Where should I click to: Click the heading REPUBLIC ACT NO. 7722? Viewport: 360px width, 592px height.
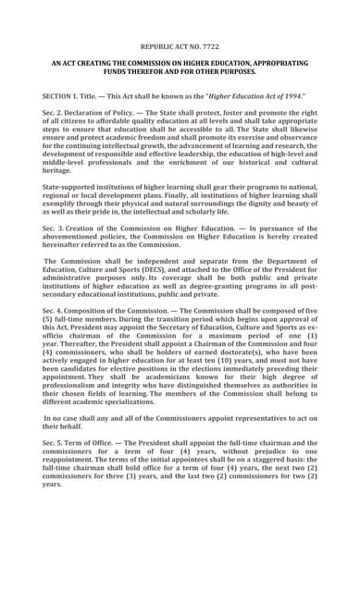coord(180,44)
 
